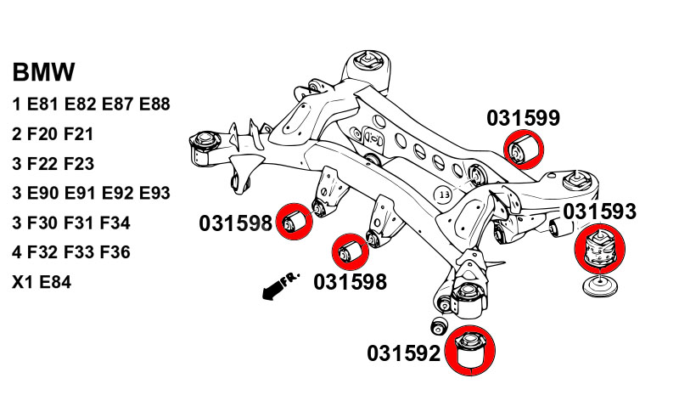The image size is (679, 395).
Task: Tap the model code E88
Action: (x=154, y=104)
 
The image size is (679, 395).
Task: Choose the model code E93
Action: (x=154, y=193)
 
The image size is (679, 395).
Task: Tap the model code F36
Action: (x=115, y=252)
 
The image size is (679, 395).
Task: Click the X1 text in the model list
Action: (x=22, y=282)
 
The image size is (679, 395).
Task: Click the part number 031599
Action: (x=523, y=119)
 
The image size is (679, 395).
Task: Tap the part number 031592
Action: (x=404, y=352)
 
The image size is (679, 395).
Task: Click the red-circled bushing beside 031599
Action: (x=525, y=150)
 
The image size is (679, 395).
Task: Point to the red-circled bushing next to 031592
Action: (x=469, y=351)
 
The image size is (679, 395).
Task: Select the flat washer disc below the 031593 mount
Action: (x=599, y=286)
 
